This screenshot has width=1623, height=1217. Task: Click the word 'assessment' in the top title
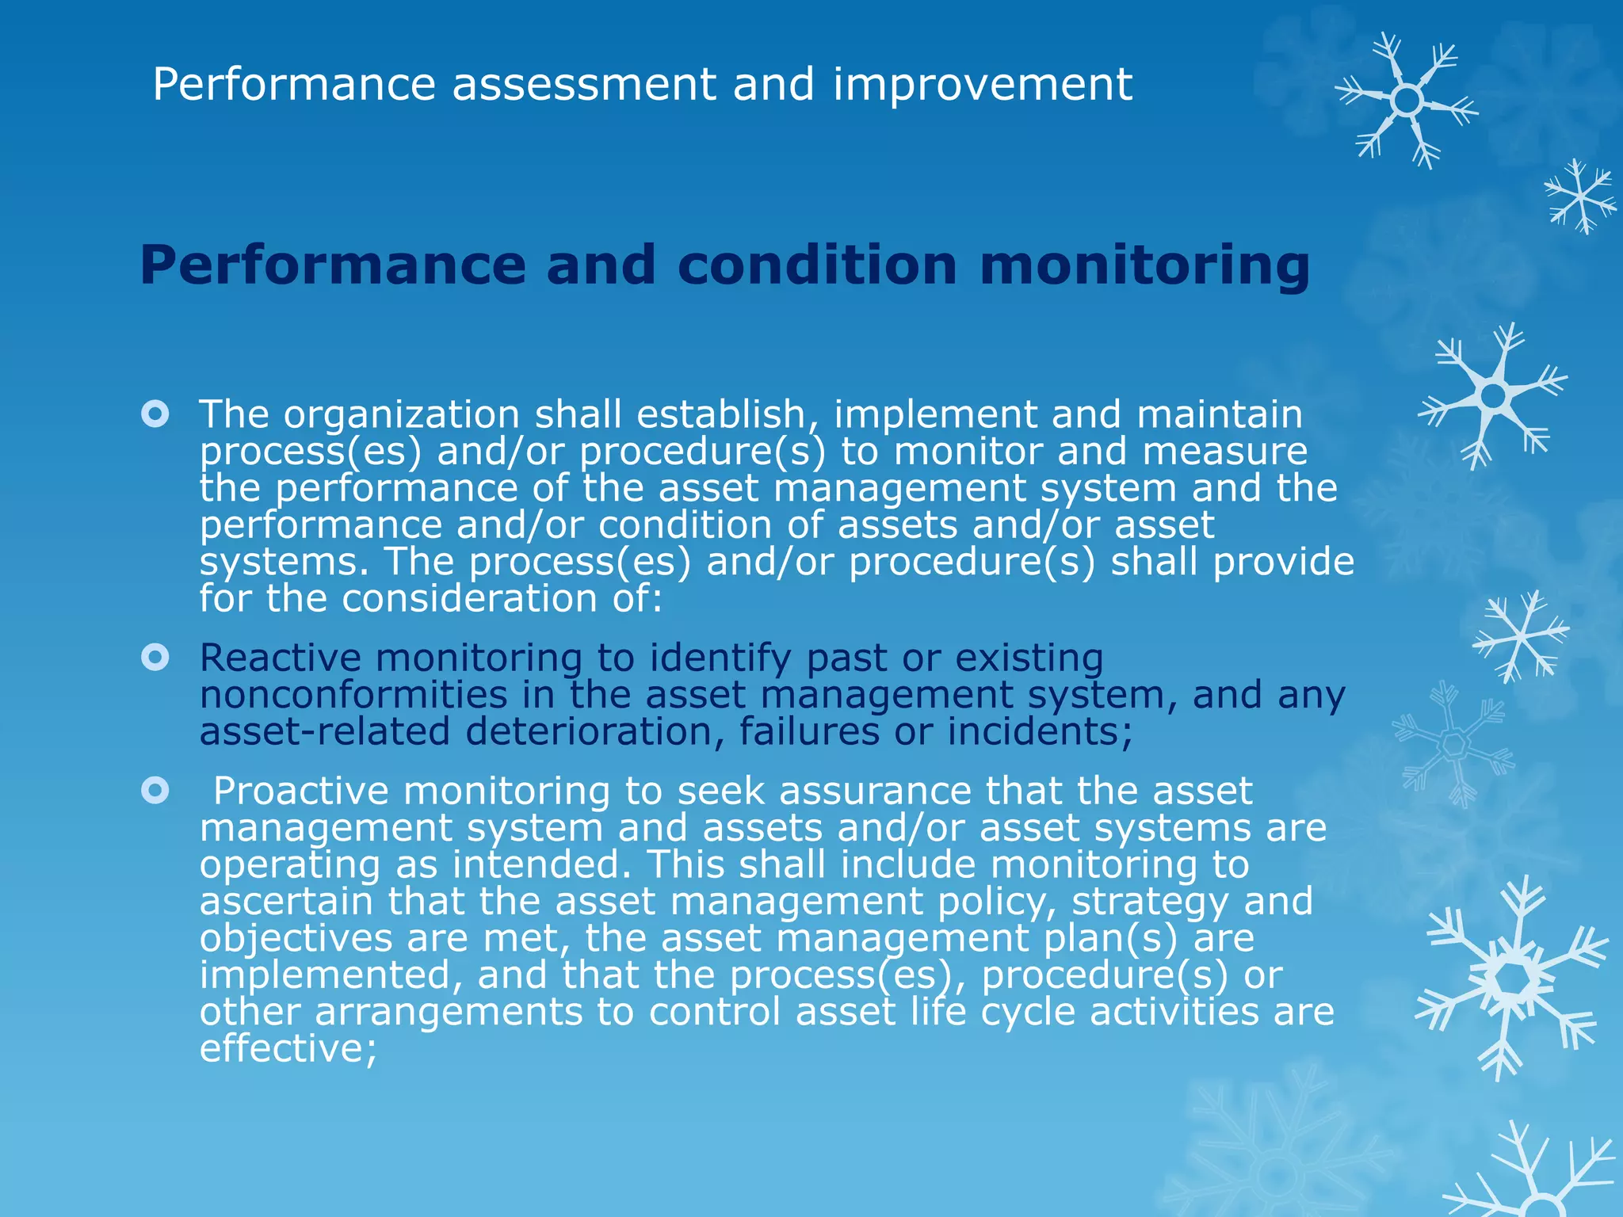coord(584,85)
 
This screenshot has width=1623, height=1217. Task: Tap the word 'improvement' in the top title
coord(983,85)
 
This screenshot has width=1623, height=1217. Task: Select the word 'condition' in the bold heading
coord(817,265)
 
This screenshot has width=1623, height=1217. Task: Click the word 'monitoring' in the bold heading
coord(1144,265)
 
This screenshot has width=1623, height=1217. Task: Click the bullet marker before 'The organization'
coord(155,414)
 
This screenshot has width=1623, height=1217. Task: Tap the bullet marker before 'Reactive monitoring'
coord(155,657)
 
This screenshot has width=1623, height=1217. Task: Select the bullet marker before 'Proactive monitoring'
coord(155,790)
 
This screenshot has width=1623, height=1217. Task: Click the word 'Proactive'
coord(301,791)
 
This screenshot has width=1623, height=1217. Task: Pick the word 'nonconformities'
coord(353,695)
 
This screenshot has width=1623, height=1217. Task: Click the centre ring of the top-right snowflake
coord(1407,101)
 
